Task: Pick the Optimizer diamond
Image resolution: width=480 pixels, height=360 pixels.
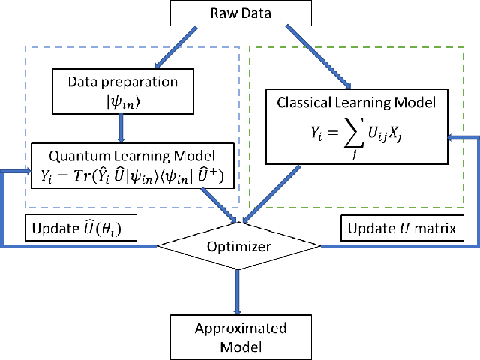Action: tap(238, 245)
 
